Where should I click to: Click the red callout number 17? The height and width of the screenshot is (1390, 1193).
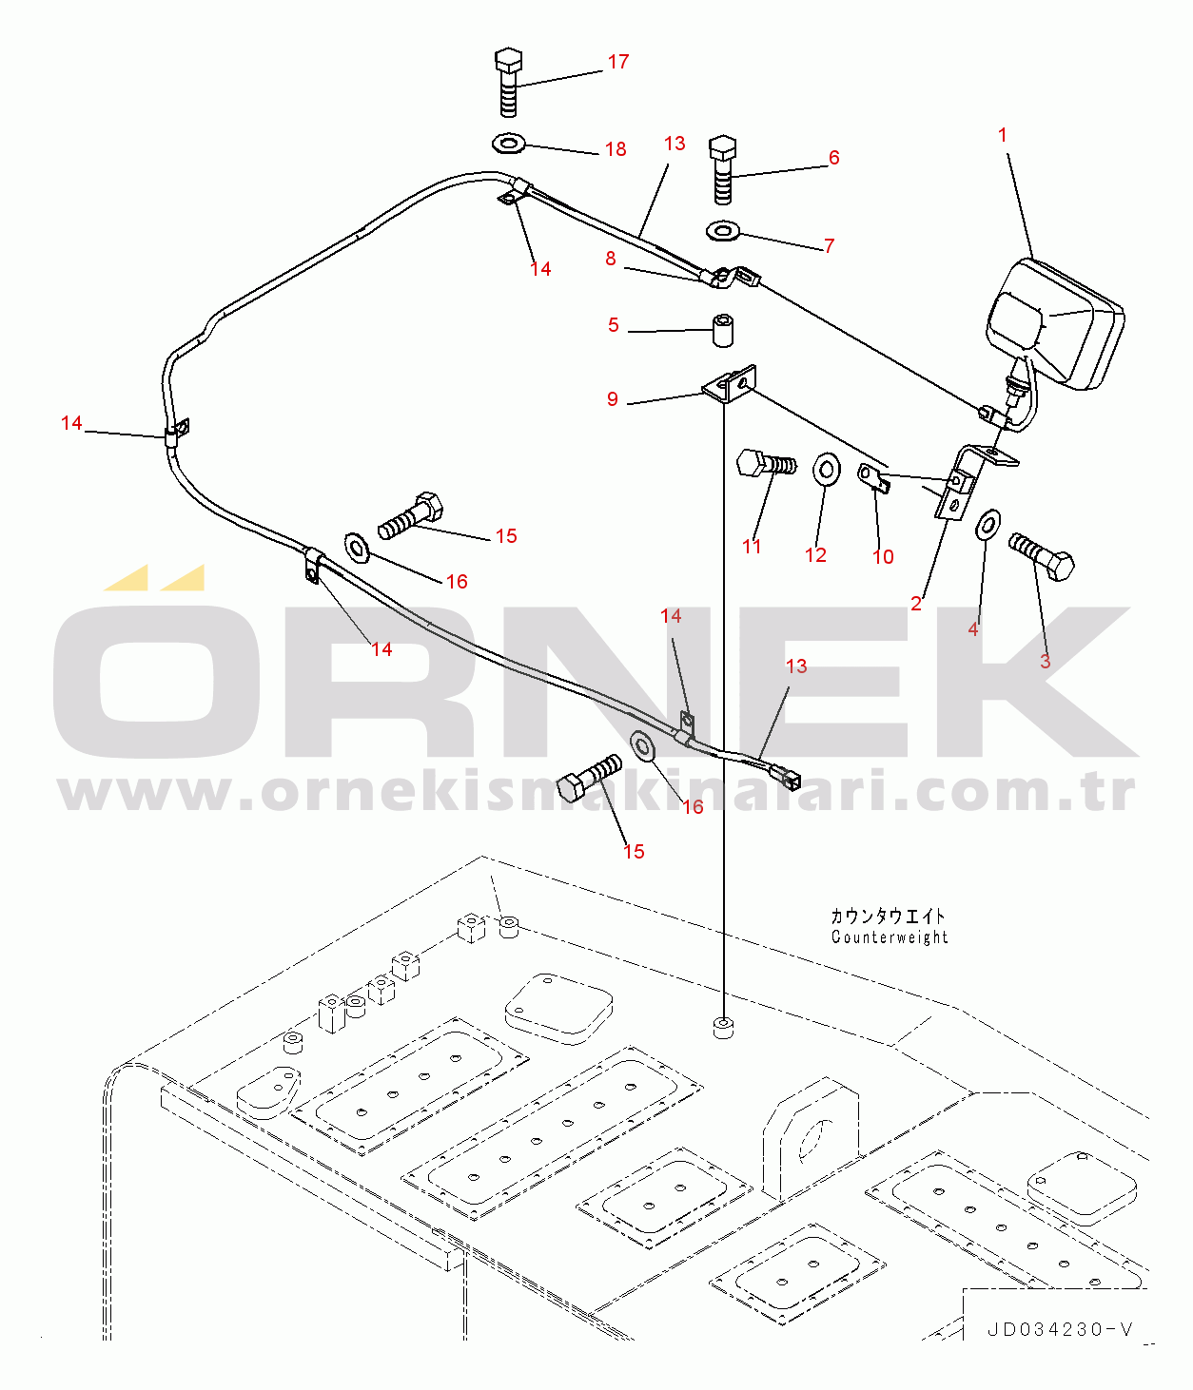(618, 62)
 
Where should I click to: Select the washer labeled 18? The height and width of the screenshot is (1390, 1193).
(509, 144)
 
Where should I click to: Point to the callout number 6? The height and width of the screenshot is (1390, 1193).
(834, 158)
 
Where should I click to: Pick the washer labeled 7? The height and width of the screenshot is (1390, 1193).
(725, 230)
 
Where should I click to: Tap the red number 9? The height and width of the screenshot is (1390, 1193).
(613, 399)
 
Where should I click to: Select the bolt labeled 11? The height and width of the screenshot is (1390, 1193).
(765, 465)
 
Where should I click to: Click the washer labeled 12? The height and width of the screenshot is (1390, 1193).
(826, 470)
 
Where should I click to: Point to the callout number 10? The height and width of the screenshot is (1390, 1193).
(883, 557)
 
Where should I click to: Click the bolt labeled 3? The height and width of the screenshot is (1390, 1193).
(1043, 556)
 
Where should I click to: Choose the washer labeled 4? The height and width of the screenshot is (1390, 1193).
(989, 524)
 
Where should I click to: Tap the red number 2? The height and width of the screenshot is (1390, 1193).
(916, 604)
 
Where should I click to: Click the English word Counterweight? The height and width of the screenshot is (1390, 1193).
(890, 937)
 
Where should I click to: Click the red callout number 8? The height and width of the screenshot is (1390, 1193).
(611, 259)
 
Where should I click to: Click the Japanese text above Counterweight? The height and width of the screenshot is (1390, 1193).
(888, 917)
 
